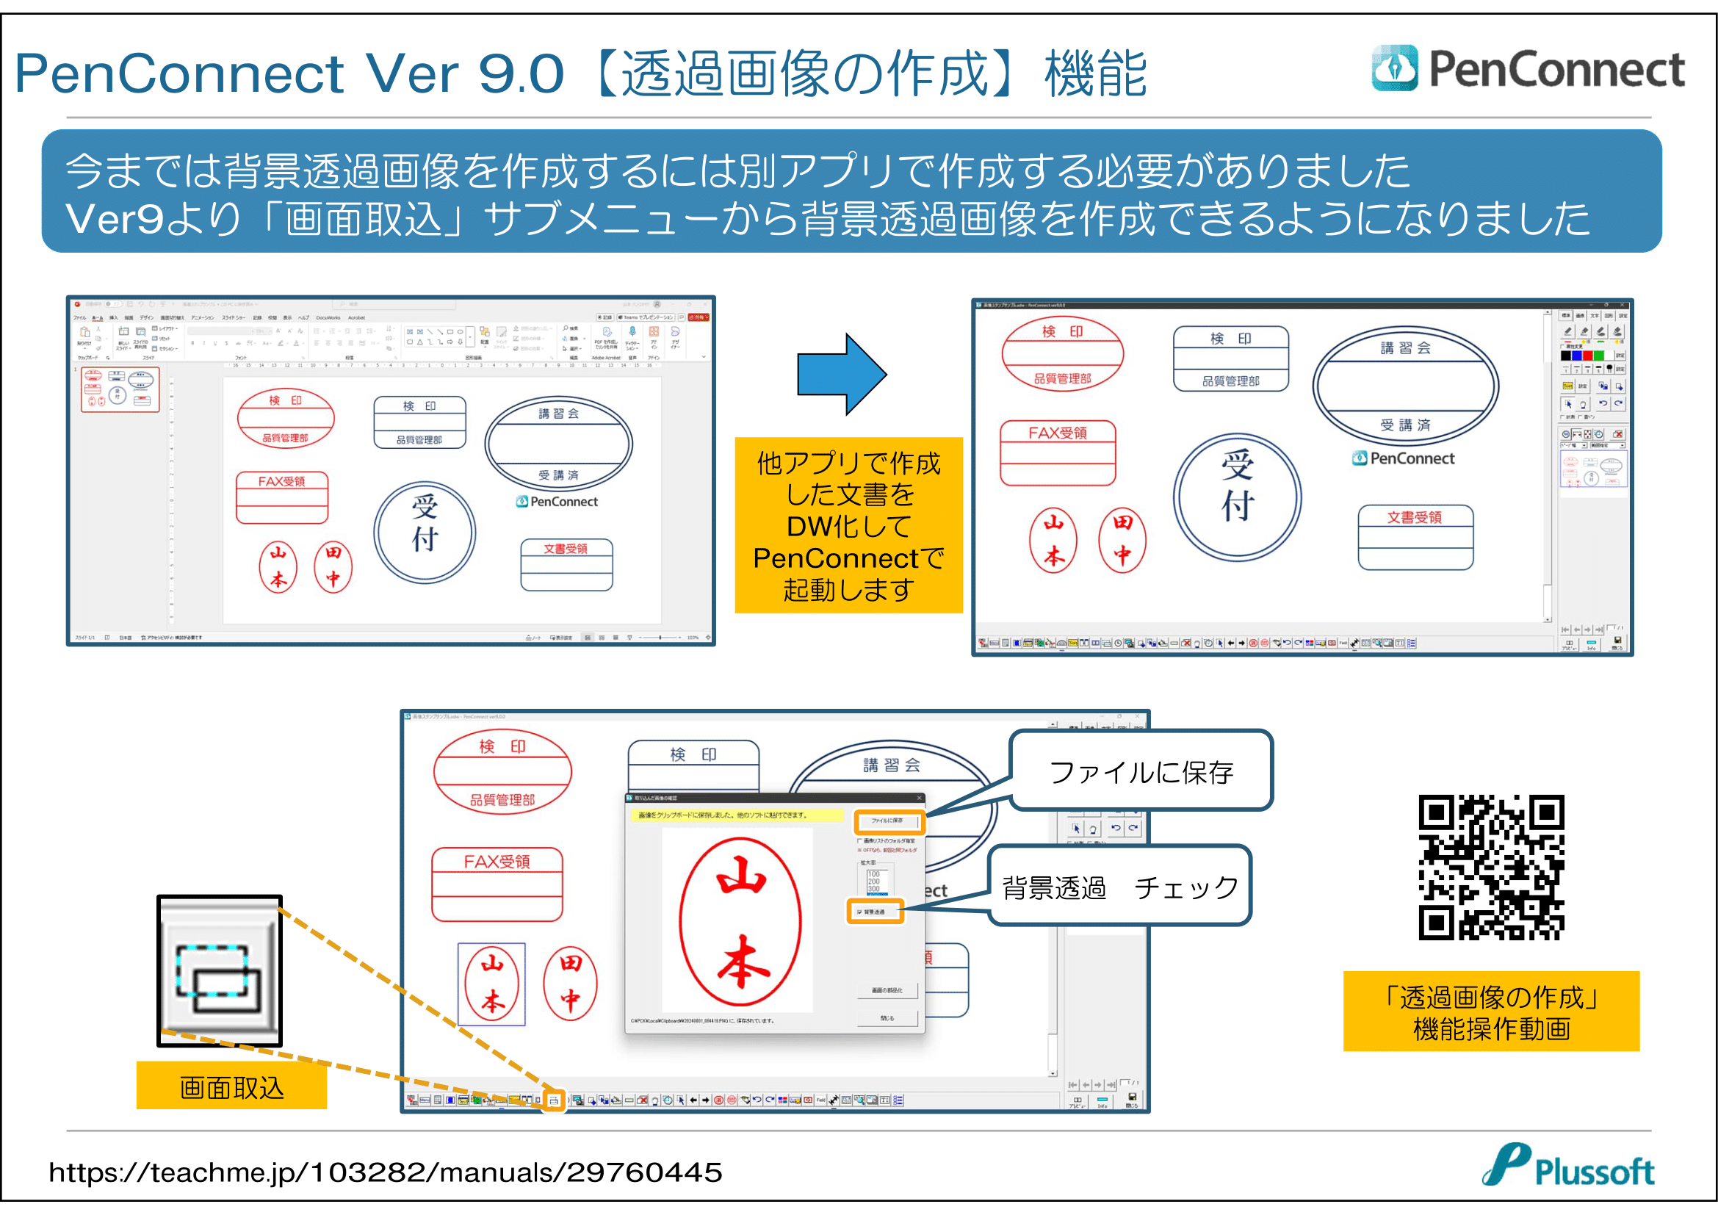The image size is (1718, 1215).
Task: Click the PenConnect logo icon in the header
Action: pos(1394,69)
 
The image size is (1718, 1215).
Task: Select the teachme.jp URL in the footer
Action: pos(386,1172)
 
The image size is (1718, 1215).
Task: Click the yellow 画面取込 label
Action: pos(231,1087)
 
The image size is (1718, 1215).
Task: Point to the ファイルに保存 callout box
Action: pos(1141,771)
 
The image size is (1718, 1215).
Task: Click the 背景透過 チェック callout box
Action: pos(1119,887)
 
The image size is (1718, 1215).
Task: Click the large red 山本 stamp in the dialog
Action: pos(740,921)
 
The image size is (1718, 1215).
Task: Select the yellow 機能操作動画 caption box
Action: pos(1490,1012)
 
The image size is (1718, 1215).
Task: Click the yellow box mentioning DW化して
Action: pos(848,525)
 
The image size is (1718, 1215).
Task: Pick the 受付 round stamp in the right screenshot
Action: pos(1237,496)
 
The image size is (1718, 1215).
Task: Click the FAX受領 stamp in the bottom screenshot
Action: pos(497,884)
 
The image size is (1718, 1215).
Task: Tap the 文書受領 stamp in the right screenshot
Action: pos(1415,536)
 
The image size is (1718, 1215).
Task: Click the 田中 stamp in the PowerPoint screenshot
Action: pos(333,566)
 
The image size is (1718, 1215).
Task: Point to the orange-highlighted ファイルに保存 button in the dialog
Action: pos(888,821)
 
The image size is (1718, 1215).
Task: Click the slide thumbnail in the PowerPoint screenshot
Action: pos(120,389)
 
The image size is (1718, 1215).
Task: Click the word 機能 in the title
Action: pos(1095,73)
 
